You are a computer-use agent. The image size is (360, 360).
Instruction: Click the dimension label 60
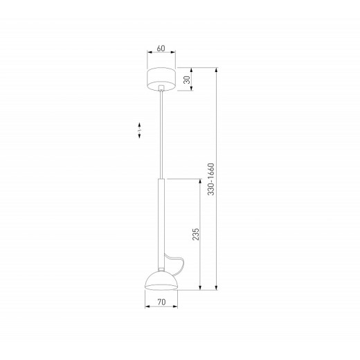tap(161, 48)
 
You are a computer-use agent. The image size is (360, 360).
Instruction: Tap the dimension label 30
tap(187, 80)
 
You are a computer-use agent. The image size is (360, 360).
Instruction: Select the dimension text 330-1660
tap(211, 179)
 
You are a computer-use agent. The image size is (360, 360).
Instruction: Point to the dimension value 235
tap(195, 234)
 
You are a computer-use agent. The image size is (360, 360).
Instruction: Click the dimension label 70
tap(161, 302)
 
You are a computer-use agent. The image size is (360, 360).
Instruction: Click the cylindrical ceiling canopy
tap(161, 79)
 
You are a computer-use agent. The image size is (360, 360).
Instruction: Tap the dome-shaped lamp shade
tap(161, 280)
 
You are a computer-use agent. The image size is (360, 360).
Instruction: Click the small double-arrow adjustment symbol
tap(139, 130)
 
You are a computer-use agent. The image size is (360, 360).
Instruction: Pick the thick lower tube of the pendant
tap(161, 223)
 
